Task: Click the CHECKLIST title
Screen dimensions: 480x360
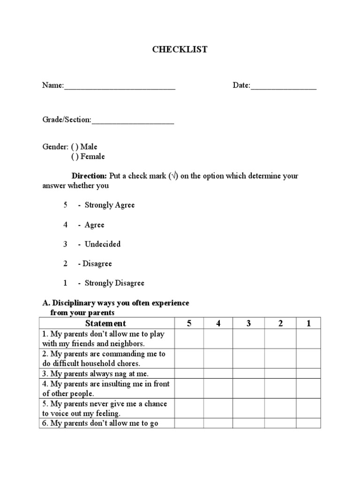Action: [180, 50]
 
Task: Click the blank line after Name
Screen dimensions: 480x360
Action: [120, 86]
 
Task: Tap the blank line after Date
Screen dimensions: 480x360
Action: [284, 86]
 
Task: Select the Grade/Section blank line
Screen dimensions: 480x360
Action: [133, 120]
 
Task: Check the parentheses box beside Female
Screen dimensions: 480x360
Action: [75, 157]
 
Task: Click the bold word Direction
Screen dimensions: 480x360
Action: [89, 176]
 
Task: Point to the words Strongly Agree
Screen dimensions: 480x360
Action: [110, 205]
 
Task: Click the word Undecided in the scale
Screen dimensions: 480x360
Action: [103, 244]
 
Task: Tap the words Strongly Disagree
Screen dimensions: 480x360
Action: [114, 283]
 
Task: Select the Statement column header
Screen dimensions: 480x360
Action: [106, 323]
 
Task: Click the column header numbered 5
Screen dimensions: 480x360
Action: [189, 323]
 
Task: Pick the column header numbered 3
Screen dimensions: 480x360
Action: [248, 323]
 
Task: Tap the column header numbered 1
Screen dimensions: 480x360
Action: [308, 323]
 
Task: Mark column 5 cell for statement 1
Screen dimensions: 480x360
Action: [189, 339]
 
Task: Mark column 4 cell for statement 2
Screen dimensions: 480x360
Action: [218, 359]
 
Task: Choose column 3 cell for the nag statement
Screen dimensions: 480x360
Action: [248, 374]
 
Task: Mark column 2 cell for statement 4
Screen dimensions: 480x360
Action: [280, 389]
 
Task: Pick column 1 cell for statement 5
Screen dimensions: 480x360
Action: [308, 408]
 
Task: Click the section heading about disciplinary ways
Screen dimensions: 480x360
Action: [116, 308]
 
